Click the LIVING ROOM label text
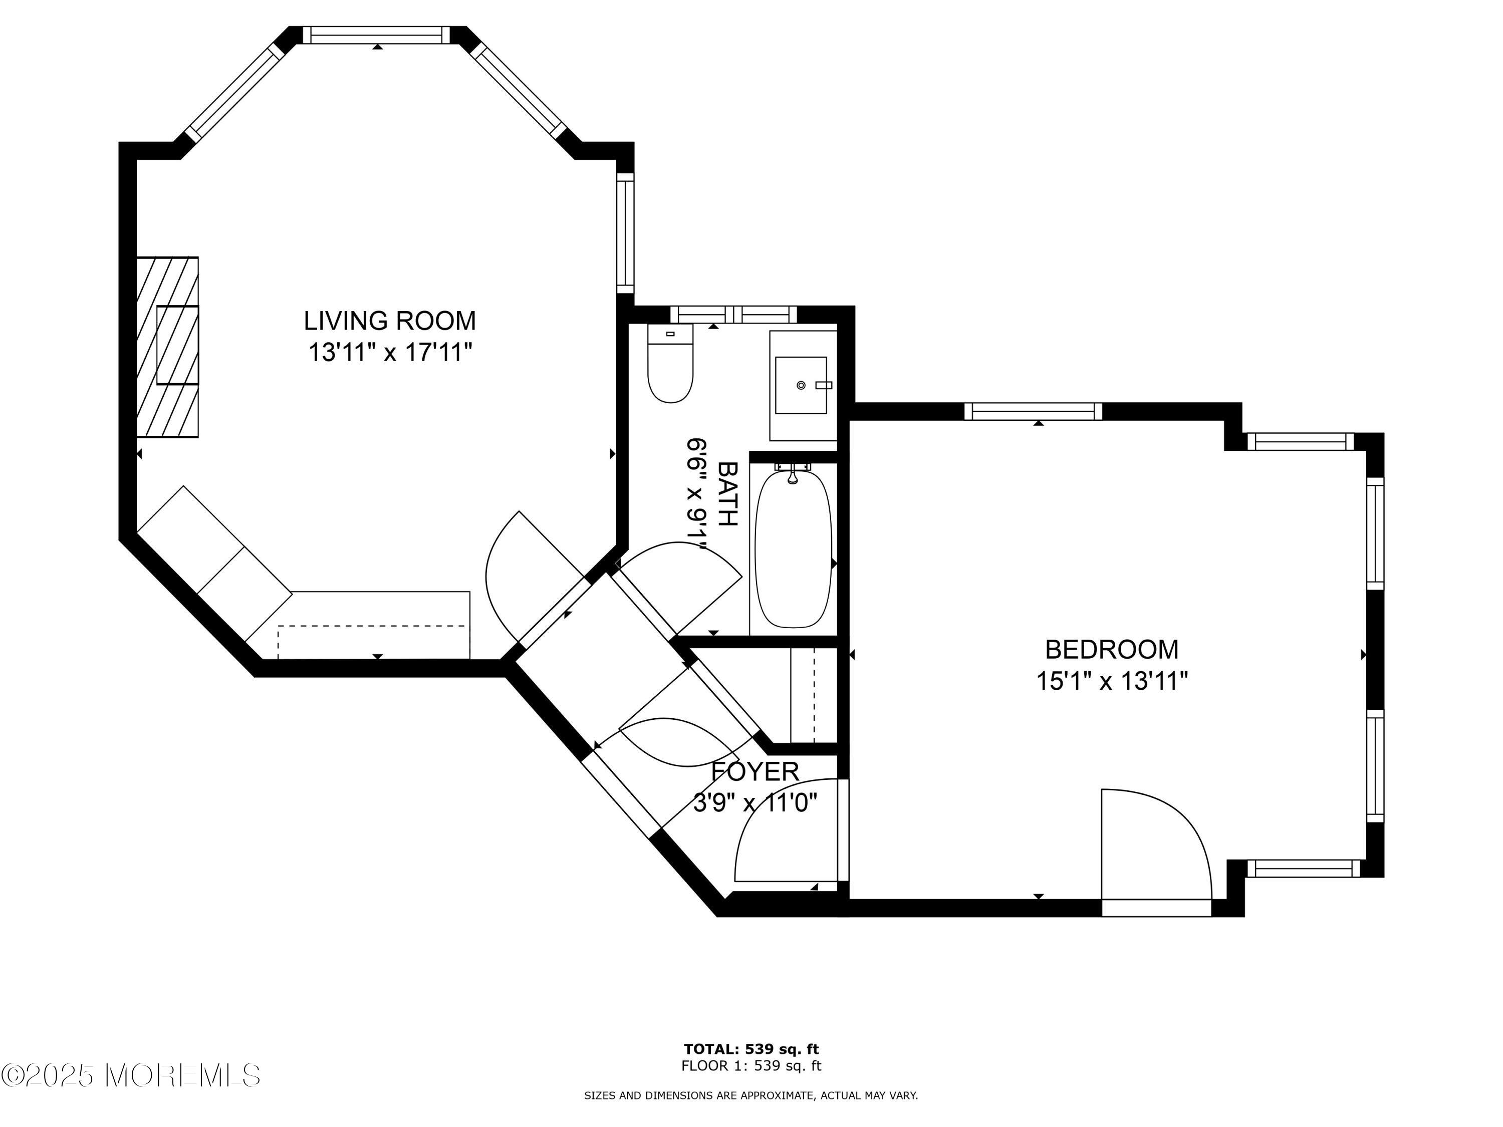pyautogui.click(x=389, y=321)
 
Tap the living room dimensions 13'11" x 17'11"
pyautogui.click(x=389, y=353)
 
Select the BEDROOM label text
pyautogui.click(x=1112, y=650)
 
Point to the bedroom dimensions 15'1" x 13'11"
pyautogui.click(x=1112, y=681)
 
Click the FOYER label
pyautogui.click(x=755, y=772)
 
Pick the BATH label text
pyautogui.click(x=728, y=494)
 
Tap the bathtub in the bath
pyautogui.click(x=794, y=550)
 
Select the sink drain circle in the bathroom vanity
pyautogui.click(x=801, y=385)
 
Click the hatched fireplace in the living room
pyautogui.click(x=167, y=347)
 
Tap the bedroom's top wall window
pyautogui.click(x=1033, y=411)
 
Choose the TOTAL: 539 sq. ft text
pyautogui.click(x=751, y=1049)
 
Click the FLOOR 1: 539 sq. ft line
pyautogui.click(x=751, y=1065)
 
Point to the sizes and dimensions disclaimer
pyautogui.click(x=751, y=1095)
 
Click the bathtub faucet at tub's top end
pyautogui.click(x=792, y=473)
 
